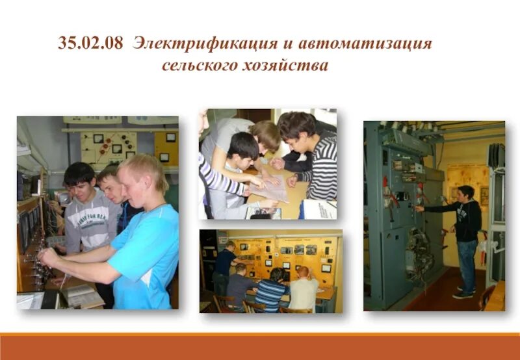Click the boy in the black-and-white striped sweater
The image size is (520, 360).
tap(315, 162)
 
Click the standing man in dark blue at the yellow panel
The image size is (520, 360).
tap(224, 266)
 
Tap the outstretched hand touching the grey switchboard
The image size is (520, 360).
tap(420, 209)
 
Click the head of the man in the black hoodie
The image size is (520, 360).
tap(466, 193)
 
